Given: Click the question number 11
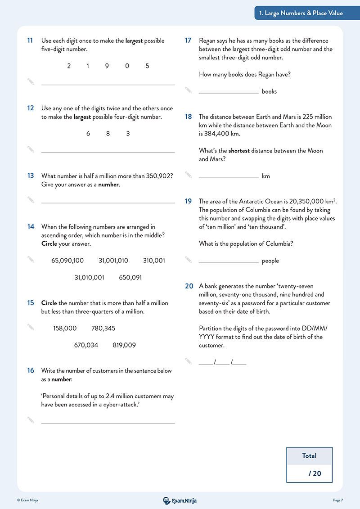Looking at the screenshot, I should (30, 41).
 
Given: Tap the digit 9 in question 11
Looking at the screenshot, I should (107, 66).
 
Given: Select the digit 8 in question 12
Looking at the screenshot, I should (108, 134).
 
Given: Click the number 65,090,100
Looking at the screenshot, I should (67, 261).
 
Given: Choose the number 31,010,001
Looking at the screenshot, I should (89, 278).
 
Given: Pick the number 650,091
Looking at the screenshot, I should (130, 278).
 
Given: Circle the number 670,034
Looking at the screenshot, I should (86, 345).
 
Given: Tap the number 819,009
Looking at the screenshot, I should (124, 345).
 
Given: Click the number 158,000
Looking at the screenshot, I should (65, 329).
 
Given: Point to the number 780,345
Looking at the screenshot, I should (103, 329).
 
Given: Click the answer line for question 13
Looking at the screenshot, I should (108, 203).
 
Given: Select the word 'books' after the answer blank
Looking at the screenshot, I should (269, 91).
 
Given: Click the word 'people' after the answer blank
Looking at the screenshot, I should (270, 261).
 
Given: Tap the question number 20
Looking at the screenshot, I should (189, 286).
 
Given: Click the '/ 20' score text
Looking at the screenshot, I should (315, 473).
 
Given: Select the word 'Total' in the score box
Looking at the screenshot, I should (309, 455).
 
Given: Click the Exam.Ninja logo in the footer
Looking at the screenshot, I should (180, 500).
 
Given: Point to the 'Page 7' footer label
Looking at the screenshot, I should (338, 500).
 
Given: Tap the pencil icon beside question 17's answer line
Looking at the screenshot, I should (189, 90).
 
